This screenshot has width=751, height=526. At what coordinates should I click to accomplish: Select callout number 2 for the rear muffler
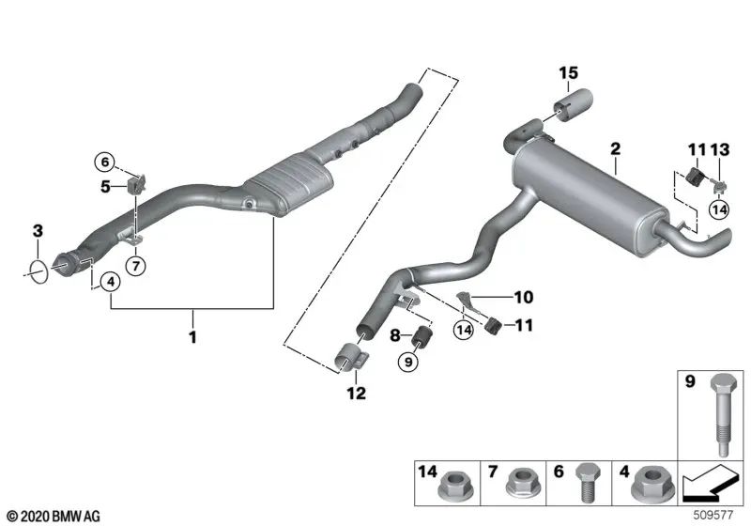click(615, 148)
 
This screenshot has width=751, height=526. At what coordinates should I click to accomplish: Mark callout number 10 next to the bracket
click(523, 298)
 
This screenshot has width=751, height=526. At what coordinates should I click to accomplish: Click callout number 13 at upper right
click(720, 149)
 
